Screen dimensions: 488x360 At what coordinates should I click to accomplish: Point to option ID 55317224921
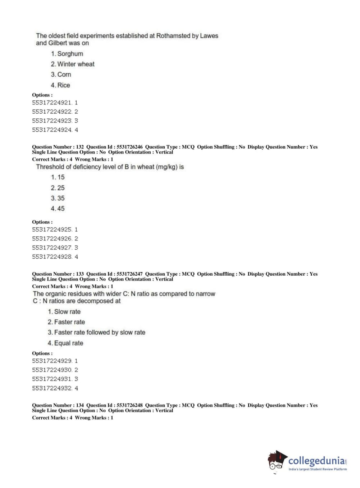click(52, 103)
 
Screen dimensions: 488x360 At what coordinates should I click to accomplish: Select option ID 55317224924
click(52, 130)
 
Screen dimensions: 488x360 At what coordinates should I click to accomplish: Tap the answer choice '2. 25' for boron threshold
click(58, 188)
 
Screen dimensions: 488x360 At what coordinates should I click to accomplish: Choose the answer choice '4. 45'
click(58, 209)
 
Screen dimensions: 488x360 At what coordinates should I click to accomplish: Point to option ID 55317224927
click(52, 248)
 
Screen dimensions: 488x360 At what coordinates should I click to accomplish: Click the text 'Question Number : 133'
click(58, 274)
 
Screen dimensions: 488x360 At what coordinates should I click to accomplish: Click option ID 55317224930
click(52, 370)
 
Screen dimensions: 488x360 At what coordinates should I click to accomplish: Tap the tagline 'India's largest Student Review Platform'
click(318, 469)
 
